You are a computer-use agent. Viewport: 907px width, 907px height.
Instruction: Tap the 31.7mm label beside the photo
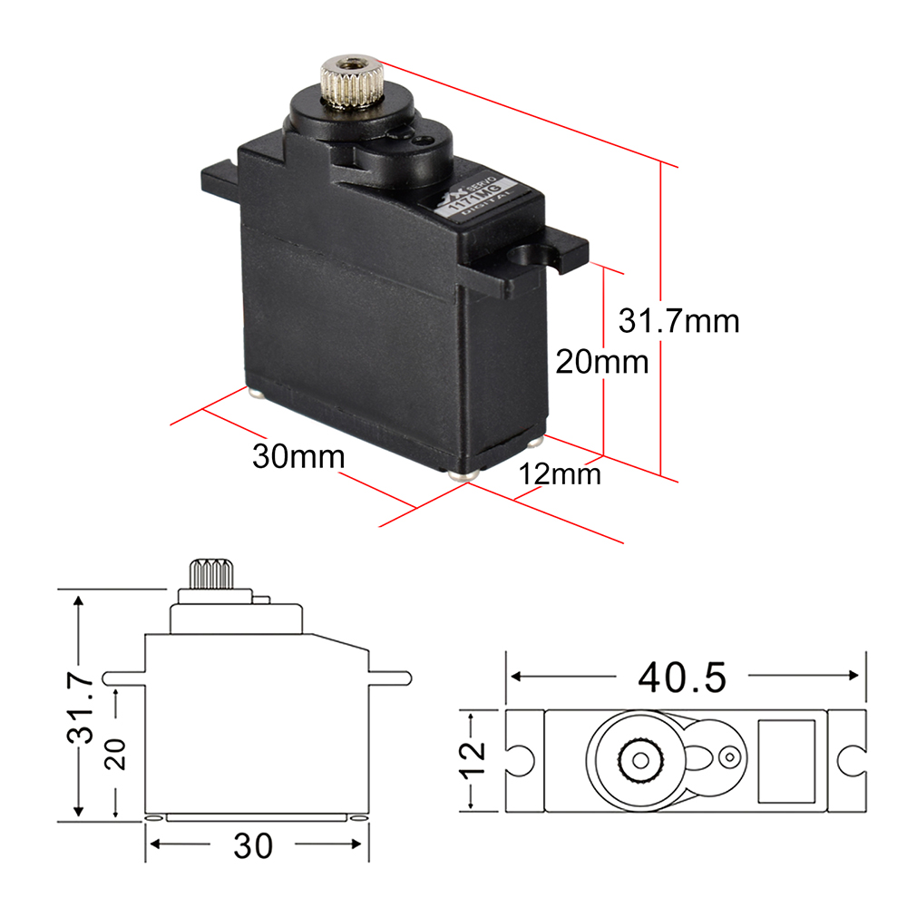[679, 320]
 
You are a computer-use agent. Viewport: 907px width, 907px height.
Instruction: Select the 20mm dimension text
[602, 362]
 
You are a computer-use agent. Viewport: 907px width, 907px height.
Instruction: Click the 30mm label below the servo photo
[298, 456]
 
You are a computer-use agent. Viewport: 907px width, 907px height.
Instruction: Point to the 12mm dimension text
[560, 473]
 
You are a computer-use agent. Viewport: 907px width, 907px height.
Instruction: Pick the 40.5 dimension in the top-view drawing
[682, 677]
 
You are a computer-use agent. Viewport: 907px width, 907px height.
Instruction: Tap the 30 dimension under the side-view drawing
[252, 845]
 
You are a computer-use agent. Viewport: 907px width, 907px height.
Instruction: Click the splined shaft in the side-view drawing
[211, 575]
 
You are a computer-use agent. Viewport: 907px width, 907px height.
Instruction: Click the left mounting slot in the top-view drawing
[519, 758]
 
